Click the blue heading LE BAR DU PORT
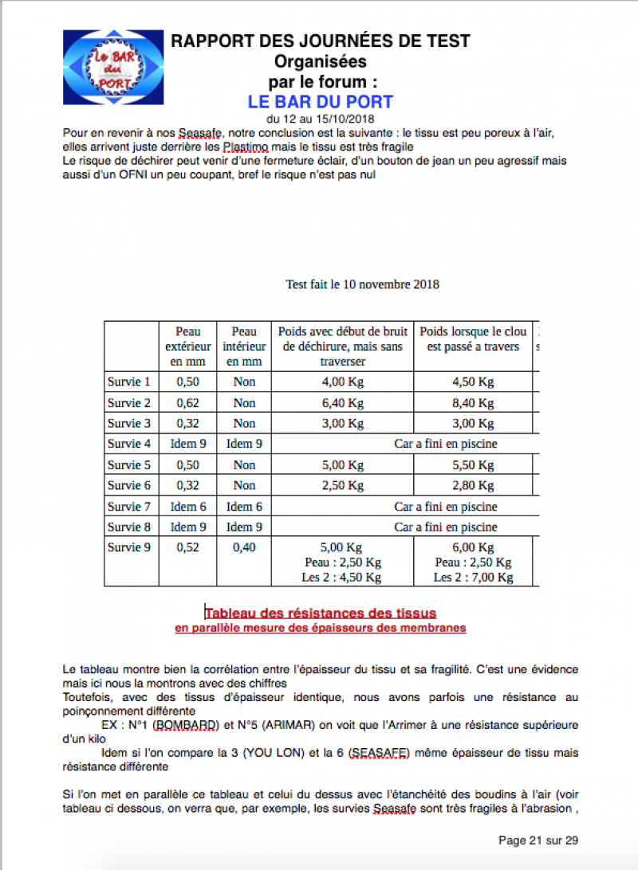coord(321,102)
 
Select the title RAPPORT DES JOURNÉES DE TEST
coord(321,41)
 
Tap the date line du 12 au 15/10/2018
coord(321,119)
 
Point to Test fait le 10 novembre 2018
coord(362,284)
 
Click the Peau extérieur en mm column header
coord(188,346)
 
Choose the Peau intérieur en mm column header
coord(244,346)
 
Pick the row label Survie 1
coord(129,382)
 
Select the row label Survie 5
coord(129,464)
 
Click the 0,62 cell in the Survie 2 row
coord(188,402)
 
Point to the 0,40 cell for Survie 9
coord(244,547)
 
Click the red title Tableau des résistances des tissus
coord(321,613)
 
